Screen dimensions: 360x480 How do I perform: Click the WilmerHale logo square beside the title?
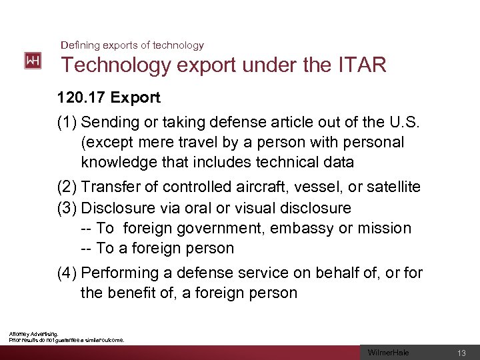click(x=32, y=61)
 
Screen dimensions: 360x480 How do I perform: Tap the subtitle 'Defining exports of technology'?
click(x=132, y=45)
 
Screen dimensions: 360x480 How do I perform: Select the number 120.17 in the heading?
click(x=82, y=98)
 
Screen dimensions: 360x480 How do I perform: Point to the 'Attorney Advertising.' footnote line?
click(x=33, y=333)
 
